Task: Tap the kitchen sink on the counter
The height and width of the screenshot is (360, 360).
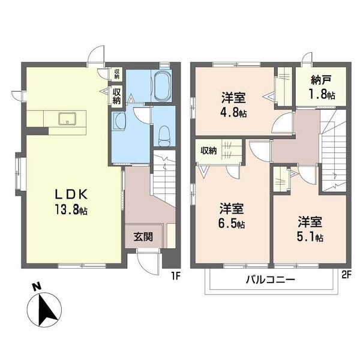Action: [x=67, y=118]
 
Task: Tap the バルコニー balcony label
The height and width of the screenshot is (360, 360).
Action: [x=269, y=279]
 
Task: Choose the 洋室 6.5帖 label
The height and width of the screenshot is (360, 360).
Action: [x=231, y=215]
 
